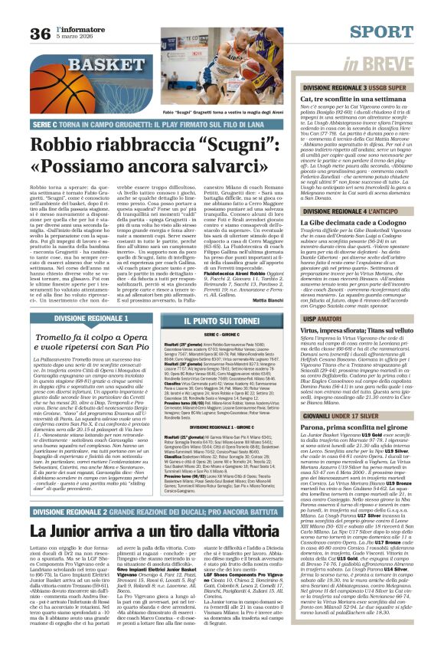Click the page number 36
41,34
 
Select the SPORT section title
391,32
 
